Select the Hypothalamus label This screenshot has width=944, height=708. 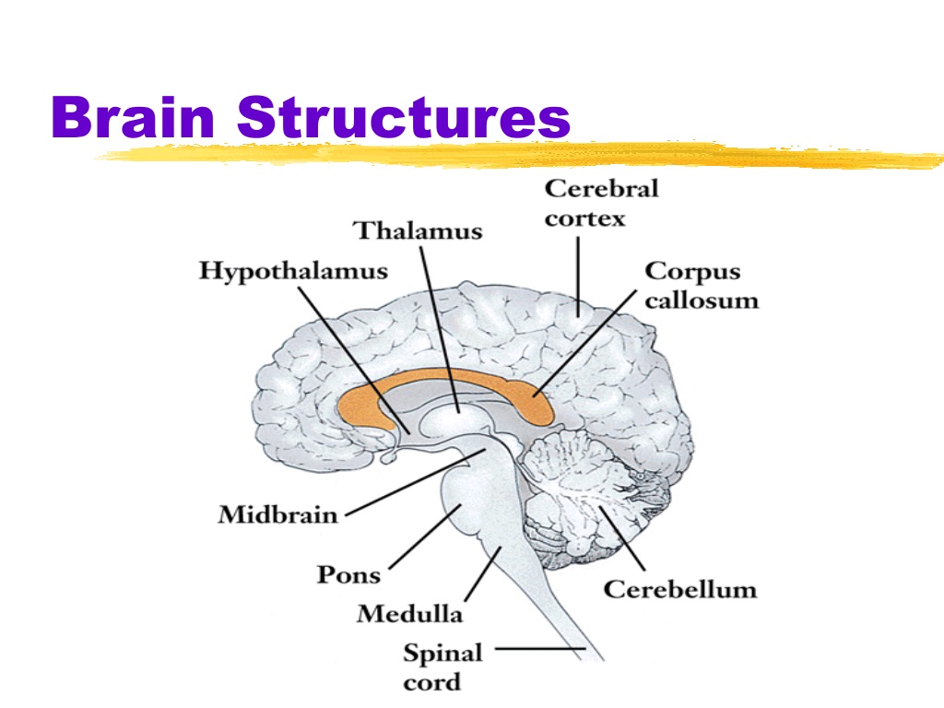(x=293, y=272)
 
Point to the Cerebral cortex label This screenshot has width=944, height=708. (x=601, y=203)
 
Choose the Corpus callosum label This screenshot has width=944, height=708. (x=702, y=286)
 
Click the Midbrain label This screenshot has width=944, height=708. (x=277, y=514)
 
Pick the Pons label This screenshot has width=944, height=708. (x=348, y=574)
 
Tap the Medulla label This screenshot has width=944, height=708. (x=410, y=613)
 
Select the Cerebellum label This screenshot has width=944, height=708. (x=680, y=589)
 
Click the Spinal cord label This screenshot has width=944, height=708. (x=443, y=667)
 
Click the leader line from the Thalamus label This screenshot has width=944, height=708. (x=440, y=329)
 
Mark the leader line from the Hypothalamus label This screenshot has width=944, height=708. (x=354, y=360)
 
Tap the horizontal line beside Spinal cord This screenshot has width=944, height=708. (x=540, y=649)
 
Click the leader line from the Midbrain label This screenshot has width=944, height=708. (x=416, y=482)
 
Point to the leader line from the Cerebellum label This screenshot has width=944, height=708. (x=622, y=538)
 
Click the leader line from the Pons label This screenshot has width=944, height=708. (x=425, y=537)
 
